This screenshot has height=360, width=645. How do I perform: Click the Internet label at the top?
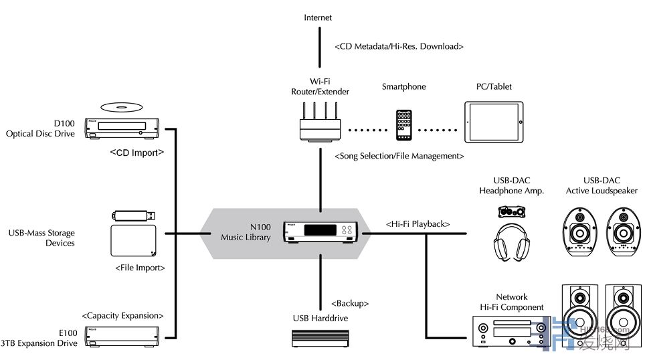[x=318, y=17]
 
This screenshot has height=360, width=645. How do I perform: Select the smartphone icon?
[x=403, y=125]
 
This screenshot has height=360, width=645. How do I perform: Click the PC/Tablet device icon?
[x=494, y=121]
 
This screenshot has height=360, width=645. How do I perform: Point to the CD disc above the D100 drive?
[x=121, y=107]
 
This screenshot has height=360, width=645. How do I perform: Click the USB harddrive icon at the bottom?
[x=320, y=338]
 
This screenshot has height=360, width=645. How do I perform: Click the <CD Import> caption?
[x=137, y=153]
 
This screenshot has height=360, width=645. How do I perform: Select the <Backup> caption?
[x=350, y=303]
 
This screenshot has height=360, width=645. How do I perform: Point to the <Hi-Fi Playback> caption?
[x=418, y=223]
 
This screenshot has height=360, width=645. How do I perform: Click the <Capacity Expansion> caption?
[x=122, y=315]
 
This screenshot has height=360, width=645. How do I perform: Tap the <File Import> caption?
[x=140, y=268]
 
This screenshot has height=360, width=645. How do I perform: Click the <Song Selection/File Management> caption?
[x=399, y=156]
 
